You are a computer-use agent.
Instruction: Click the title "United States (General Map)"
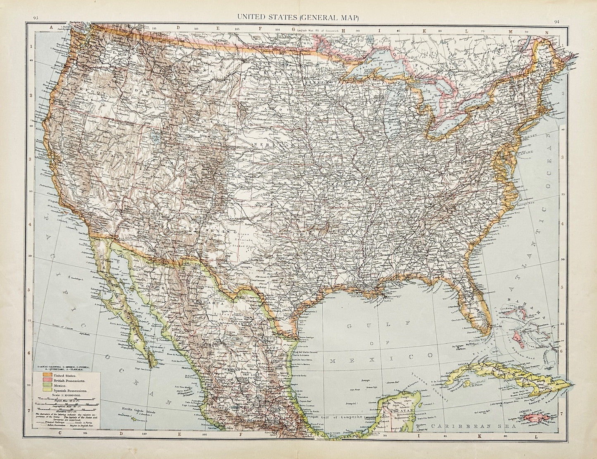pos(297,17)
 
